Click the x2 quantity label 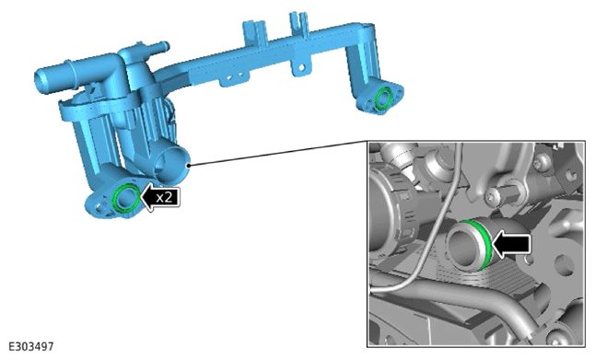(164, 197)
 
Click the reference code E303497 (31, 346)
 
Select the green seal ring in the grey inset (483, 243)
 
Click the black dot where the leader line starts (188, 166)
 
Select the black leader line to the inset (278, 154)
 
